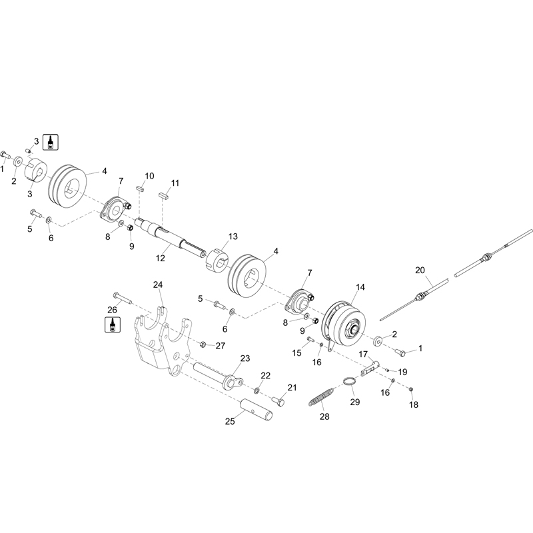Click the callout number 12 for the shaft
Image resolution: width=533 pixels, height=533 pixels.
pyautogui.click(x=160, y=258)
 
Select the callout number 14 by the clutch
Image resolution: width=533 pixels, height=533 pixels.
pyautogui.click(x=360, y=287)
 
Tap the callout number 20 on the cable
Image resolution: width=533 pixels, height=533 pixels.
pyautogui.click(x=420, y=270)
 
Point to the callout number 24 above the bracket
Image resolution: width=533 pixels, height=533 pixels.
pyautogui.click(x=158, y=285)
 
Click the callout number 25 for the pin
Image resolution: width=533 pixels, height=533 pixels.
pyautogui.click(x=230, y=422)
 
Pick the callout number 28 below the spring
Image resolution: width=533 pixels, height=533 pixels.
pyautogui.click(x=324, y=416)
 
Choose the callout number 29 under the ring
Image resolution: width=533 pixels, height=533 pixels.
pyautogui.click(x=355, y=402)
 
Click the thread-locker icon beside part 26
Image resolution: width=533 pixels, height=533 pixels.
pyautogui.click(x=112, y=324)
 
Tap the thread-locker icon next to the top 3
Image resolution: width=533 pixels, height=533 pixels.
pyautogui.click(x=51, y=142)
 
